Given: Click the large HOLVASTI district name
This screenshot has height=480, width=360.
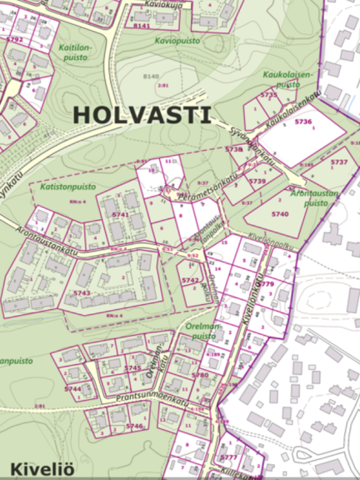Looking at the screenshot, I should coord(142,114).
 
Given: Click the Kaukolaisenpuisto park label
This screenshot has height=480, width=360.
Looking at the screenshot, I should coord(287,79).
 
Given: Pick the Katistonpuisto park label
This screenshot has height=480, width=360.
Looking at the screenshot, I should coord(67,188).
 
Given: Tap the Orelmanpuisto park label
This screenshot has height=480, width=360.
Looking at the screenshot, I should coord(204,332).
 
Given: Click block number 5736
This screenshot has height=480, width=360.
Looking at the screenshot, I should coord(302,122).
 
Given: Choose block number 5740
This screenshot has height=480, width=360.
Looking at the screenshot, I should coord(278,215).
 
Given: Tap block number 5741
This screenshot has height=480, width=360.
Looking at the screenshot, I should coord(120,215).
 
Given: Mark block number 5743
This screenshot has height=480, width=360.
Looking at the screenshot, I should coord(81,293).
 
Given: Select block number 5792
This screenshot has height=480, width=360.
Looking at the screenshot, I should coord(14,39).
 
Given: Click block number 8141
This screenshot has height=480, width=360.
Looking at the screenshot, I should coord(142,26).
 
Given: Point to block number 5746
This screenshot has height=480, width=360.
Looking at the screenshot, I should coord(133,426).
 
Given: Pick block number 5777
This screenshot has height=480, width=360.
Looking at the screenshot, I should coord(229,457).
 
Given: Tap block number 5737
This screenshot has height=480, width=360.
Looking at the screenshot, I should coord(338,162).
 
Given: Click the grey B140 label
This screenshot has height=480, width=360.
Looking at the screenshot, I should coord(151,77).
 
